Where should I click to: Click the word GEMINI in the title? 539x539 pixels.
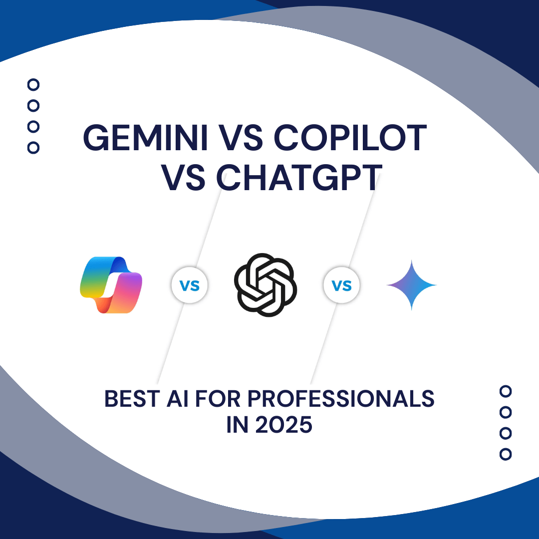coord(145,138)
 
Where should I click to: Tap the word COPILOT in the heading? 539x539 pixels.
coord(350,138)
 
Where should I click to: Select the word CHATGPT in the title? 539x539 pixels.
coord(299,177)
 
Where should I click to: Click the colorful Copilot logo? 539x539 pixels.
coord(111,285)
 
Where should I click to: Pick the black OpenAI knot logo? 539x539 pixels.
coord(266,285)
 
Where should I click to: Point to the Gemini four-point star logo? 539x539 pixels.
coord(411,285)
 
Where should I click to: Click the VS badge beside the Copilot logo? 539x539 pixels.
coord(190,285)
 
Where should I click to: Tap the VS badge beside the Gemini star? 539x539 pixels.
coord(342,285)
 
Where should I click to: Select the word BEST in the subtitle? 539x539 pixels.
coord(132,399)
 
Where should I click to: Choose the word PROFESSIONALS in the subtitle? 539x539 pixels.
coord(341,399)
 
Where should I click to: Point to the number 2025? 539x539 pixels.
coord(284,425)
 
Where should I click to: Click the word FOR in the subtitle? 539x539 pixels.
coord(218,399)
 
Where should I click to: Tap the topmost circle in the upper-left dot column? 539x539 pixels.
coord(33,84)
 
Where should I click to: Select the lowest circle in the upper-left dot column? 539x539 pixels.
coord(33,148)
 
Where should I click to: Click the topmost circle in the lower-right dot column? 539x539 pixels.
coord(506,391)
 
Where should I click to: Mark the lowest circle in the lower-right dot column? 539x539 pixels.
coord(506,455)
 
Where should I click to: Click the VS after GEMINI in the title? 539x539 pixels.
coord(241,138)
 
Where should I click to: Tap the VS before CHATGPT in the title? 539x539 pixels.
coord(183,177)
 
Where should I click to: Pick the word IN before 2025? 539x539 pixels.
coord(237,425)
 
